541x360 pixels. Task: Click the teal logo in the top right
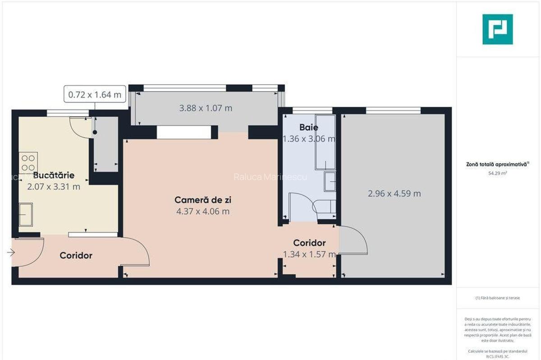click(x=497, y=29)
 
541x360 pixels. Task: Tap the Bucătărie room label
click(x=54, y=175)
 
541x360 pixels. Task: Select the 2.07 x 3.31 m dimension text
click(x=54, y=186)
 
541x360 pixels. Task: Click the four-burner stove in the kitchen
click(x=28, y=162)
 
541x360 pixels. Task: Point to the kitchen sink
click(x=26, y=214)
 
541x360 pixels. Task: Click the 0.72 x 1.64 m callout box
click(x=95, y=95)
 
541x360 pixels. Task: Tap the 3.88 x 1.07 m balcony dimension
click(x=206, y=108)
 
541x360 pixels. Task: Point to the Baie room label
click(x=308, y=128)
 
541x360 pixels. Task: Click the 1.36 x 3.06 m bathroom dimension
click(x=309, y=139)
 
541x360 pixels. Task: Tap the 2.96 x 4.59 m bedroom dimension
click(x=394, y=194)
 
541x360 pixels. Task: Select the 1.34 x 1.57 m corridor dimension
click(x=309, y=254)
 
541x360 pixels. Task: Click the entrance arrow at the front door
click(x=11, y=253)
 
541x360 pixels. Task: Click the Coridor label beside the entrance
click(x=76, y=256)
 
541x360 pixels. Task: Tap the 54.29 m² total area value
click(x=497, y=173)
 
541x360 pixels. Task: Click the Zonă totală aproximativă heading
click(x=497, y=165)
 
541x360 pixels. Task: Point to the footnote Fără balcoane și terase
click(x=497, y=298)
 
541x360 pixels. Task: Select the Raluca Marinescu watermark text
click(x=270, y=177)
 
